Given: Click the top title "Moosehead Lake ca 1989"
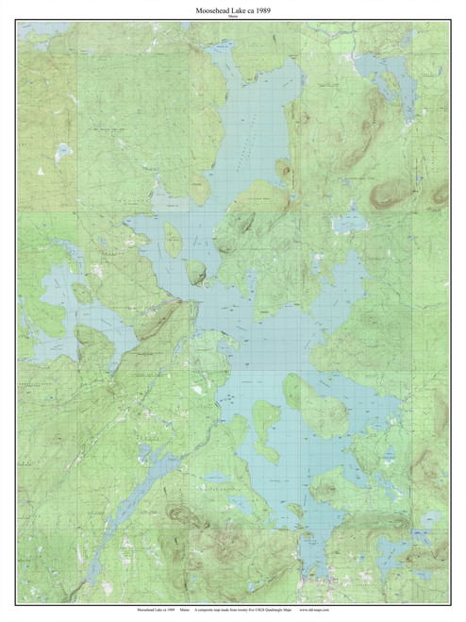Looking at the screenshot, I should coord(233,8).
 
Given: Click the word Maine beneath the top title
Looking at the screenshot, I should coord(233,16).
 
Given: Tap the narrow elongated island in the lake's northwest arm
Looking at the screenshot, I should coord(174,240).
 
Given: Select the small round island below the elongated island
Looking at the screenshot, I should coord(196,272).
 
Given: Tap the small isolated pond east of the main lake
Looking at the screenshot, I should coord(350,223).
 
